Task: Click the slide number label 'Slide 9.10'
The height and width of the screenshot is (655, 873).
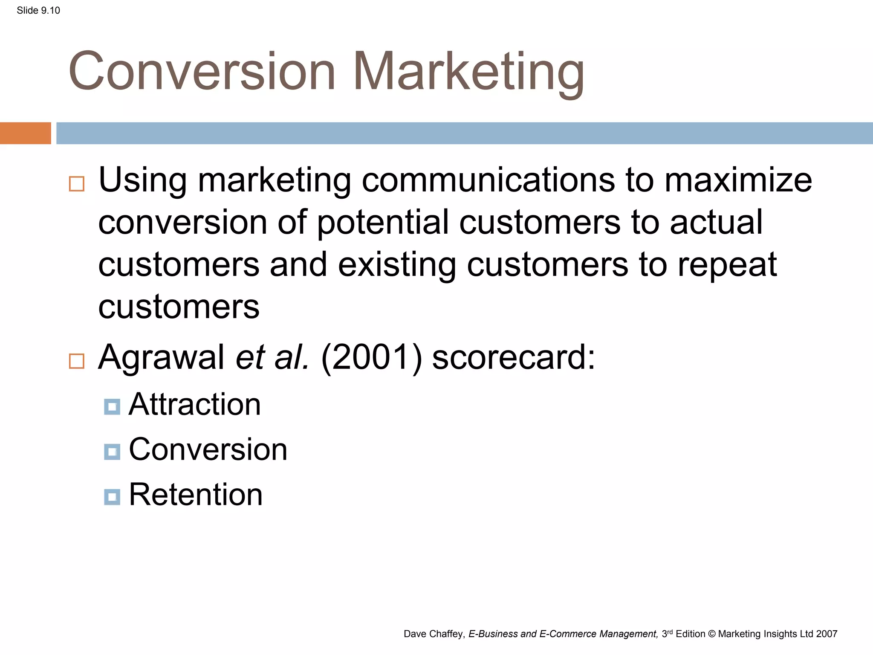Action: click(x=38, y=11)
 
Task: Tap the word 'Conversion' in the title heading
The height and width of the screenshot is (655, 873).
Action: click(x=202, y=72)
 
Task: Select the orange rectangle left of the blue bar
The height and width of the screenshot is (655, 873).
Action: click(x=25, y=133)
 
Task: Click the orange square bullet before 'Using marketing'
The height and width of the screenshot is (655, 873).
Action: click(x=77, y=184)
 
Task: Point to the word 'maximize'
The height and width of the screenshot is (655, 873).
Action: click(x=738, y=180)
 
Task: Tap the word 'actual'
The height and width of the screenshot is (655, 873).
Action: click(x=716, y=223)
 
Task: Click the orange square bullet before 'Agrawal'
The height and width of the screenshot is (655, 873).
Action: click(x=77, y=361)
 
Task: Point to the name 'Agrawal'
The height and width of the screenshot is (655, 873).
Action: click(x=161, y=358)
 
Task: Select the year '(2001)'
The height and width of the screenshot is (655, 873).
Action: click(x=371, y=358)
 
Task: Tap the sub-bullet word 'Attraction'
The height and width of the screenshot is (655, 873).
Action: click(x=194, y=404)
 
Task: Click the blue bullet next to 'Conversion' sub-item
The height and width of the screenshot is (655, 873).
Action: click(x=112, y=452)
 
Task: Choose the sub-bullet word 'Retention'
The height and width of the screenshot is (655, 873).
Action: click(x=196, y=495)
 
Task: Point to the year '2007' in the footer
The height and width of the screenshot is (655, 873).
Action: click(x=827, y=634)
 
